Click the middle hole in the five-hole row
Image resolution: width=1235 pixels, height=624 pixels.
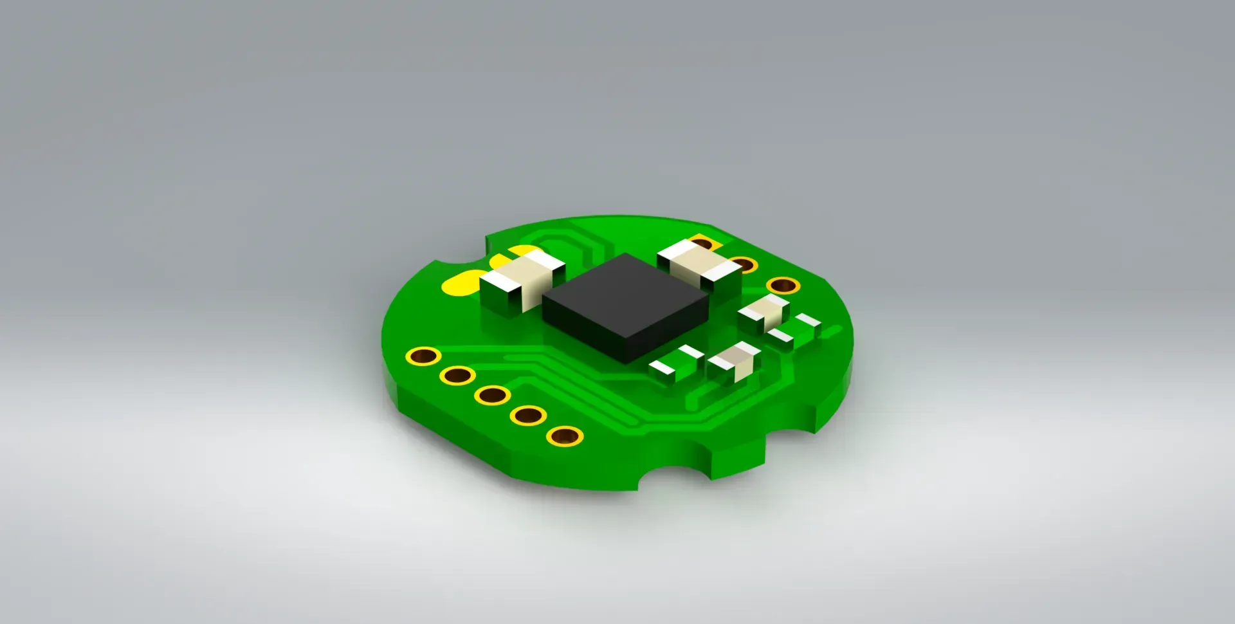(x=493, y=395)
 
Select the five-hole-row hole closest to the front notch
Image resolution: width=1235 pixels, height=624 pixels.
(x=564, y=436)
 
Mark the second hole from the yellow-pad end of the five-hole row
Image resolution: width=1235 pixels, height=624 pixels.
(x=458, y=375)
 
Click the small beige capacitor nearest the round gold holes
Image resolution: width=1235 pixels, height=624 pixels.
(x=764, y=312)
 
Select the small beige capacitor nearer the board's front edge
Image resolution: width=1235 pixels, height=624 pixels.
(x=733, y=362)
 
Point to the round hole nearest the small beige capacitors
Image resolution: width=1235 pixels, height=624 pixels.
(x=783, y=285)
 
